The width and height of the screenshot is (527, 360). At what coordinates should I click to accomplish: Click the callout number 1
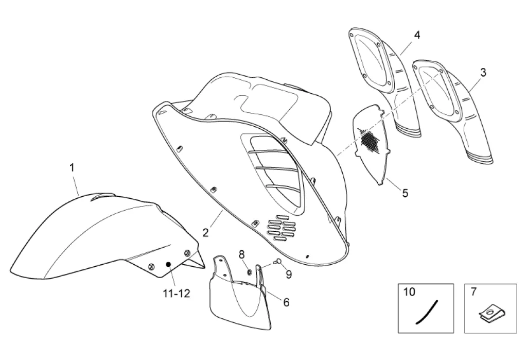point(72,167)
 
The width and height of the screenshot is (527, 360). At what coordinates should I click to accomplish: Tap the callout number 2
point(205,232)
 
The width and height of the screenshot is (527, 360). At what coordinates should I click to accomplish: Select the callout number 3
point(483,73)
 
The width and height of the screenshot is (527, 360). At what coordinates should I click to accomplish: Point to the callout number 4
point(417,35)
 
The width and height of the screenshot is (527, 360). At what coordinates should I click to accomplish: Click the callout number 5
point(405,193)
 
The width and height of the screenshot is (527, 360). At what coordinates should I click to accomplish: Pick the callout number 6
point(286,302)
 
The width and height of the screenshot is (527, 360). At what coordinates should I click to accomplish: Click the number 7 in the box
point(473,292)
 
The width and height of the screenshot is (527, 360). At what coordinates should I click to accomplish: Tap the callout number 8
point(241,254)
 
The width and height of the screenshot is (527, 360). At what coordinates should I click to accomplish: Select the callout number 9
point(289,275)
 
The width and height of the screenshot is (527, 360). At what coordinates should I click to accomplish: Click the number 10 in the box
point(409,292)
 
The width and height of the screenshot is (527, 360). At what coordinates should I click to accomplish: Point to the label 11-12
point(177,294)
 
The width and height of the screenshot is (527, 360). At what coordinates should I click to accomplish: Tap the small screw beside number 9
point(277,262)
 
